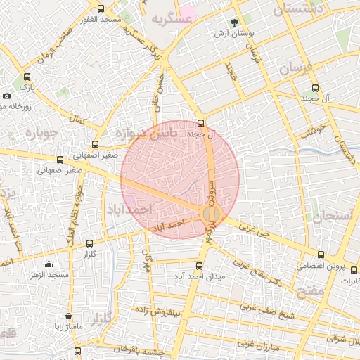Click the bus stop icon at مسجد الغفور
[x=101, y=9]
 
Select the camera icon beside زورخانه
[x=6, y=96]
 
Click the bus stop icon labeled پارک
[x=27, y=77]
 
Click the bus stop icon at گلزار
[x=89, y=243]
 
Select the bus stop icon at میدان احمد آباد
[x=199, y=266]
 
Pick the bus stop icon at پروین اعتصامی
[x=321, y=255]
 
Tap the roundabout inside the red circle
[x=211, y=214]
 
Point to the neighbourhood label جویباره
[x=39, y=134]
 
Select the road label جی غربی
[x=254, y=229]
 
